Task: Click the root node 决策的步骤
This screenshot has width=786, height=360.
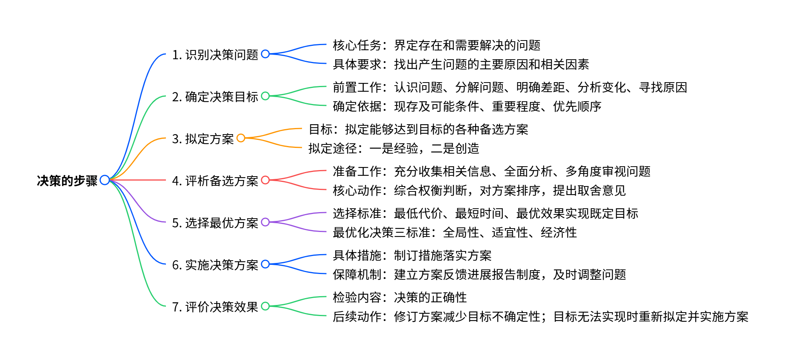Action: [67, 181]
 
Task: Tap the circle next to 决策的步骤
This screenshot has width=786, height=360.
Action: [104, 180]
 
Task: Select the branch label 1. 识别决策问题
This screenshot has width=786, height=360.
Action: [215, 55]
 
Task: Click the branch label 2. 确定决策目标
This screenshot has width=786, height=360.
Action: [215, 97]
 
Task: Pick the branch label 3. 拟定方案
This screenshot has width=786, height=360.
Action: [203, 139]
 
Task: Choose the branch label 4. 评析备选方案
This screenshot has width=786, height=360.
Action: [215, 181]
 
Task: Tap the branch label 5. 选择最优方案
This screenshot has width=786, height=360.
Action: [215, 223]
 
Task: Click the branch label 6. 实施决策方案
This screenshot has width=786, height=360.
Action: [215, 265]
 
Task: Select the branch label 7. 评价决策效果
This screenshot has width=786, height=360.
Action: [215, 307]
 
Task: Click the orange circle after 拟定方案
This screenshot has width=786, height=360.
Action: [241, 138]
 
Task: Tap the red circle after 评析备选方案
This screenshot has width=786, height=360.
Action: [265, 180]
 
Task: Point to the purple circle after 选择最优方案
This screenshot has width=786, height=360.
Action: [265, 222]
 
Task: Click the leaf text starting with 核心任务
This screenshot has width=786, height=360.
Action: [437, 45]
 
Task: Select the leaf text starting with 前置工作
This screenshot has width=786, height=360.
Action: [510, 88]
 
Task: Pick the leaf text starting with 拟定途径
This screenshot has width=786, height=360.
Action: [394, 149]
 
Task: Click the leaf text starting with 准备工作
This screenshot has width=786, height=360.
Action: [491, 172]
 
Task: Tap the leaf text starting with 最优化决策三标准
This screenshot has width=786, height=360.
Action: [455, 233]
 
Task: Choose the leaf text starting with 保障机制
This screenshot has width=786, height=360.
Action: [479, 275]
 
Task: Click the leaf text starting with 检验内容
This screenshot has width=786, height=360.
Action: [399, 298]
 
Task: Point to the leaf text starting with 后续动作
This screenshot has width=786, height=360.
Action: [540, 317]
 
